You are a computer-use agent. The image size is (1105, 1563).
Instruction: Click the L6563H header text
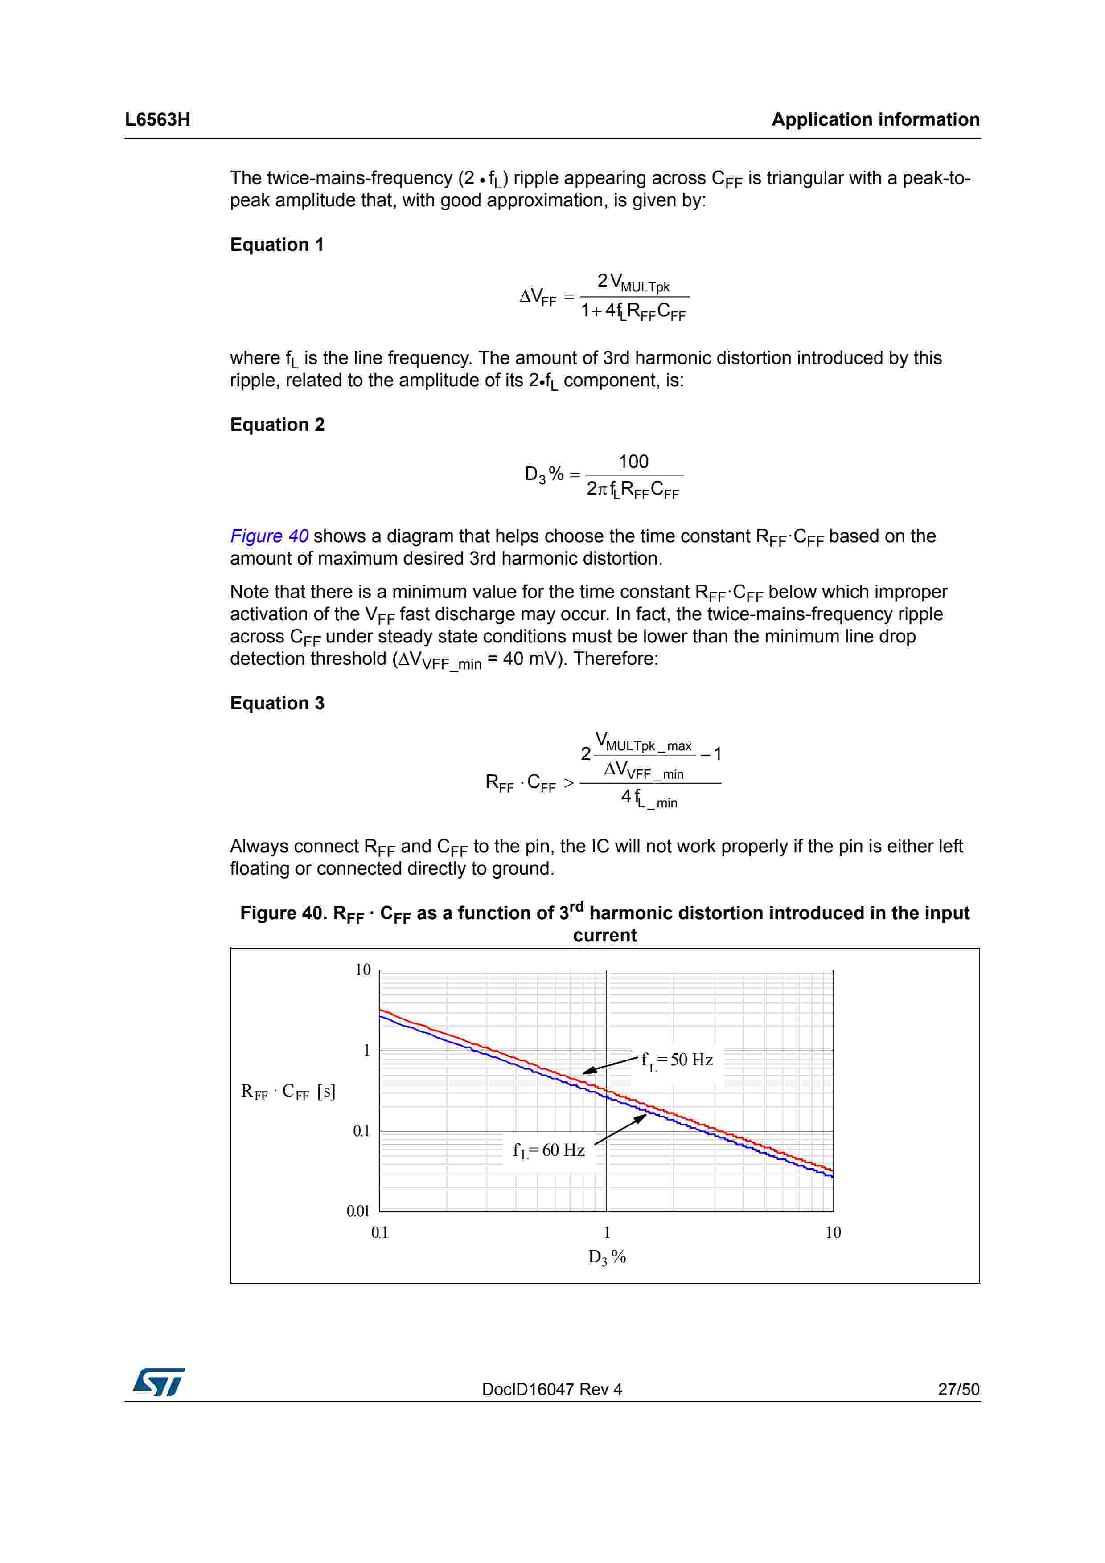pyautogui.click(x=157, y=120)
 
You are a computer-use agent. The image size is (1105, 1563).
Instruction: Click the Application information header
pyautogui.click(x=875, y=120)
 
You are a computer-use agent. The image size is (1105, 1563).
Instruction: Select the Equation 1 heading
pyautogui.click(x=276, y=245)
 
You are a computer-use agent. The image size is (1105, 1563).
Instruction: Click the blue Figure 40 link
pyautogui.click(x=269, y=536)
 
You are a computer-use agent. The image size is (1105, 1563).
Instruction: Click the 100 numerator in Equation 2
pyautogui.click(x=633, y=462)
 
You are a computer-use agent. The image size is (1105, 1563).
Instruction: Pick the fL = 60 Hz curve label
pyautogui.click(x=549, y=1150)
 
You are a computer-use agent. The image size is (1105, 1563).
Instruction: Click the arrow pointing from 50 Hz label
pyautogui.click(x=610, y=1065)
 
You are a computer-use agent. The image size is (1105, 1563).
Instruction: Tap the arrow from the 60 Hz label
pyautogui.click(x=620, y=1129)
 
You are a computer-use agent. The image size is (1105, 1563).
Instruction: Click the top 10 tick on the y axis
pyautogui.click(x=363, y=970)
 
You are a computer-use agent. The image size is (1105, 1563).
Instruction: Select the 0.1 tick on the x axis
pyautogui.click(x=379, y=1232)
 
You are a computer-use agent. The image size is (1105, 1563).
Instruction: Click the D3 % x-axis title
pyautogui.click(x=607, y=1256)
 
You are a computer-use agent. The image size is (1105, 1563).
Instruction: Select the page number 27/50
pyautogui.click(x=958, y=1389)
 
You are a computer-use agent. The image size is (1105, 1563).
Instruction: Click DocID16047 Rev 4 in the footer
pyautogui.click(x=551, y=1389)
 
